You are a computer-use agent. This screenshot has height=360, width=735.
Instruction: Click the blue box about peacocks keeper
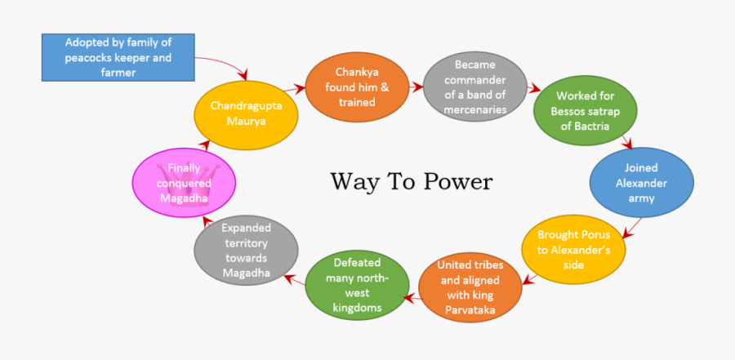(x=119, y=56)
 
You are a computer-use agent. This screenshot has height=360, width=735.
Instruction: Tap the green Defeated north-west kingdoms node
(x=356, y=285)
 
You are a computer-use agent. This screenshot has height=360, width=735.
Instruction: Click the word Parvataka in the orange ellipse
(x=470, y=310)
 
